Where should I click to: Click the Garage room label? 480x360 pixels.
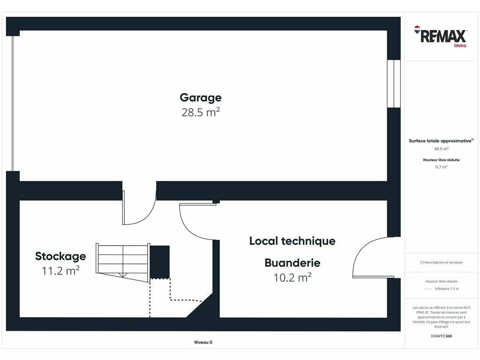click(x=201, y=97)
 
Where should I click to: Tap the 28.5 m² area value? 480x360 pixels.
click(x=201, y=112)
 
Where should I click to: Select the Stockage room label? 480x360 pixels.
click(x=60, y=256)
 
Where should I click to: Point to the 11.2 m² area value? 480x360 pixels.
click(x=60, y=270)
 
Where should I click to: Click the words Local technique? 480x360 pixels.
click(x=292, y=241)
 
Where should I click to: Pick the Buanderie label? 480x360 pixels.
click(x=292, y=262)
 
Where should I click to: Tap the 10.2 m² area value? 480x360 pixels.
click(x=292, y=277)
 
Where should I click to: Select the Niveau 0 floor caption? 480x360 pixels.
click(x=203, y=342)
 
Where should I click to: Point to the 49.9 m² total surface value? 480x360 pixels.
click(x=441, y=149)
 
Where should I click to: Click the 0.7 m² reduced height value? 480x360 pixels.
click(x=441, y=167)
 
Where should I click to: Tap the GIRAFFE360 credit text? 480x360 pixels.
click(x=441, y=336)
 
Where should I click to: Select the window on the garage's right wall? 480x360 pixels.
click(x=394, y=83)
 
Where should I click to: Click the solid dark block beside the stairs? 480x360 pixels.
click(x=160, y=262)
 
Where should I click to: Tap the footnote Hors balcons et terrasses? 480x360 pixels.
click(x=441, y=262)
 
